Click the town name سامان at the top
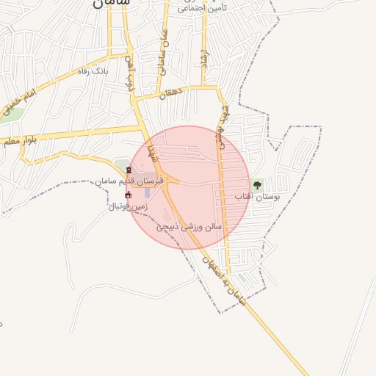click(x=112, y=3)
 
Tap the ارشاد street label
click(x=203, y=59)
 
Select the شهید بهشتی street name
click(x=220, y=125)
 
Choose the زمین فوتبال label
click(x=128, y=206)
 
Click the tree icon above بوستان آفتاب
click(x=256, y=184)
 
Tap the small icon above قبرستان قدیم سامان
click(x=129, y=170)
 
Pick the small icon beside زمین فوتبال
click(x=129, y=195)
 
